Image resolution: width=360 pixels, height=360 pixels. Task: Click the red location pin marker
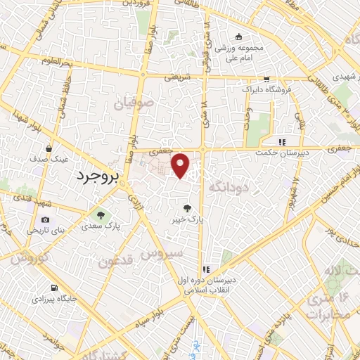pyautogui.click(x=181, y=165)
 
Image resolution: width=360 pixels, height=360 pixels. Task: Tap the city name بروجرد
pyautogui.click(x=95, y=174)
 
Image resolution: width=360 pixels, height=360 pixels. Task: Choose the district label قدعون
pyautogui.click(x=115, y=262)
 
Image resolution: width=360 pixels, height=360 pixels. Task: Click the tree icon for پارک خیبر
pyautogui.click(x=187, y=207)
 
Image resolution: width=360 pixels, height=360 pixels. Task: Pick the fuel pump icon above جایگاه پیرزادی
pyautogui.click(x=55, y=288)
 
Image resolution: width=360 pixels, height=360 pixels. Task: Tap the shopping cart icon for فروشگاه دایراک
pyautogui.click(x=266, y=79)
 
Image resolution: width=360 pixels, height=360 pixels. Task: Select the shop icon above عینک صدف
pyautogui.click(x=49, y=149)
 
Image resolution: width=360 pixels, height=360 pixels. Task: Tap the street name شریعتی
pyautogui.click(x=178, y=78)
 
